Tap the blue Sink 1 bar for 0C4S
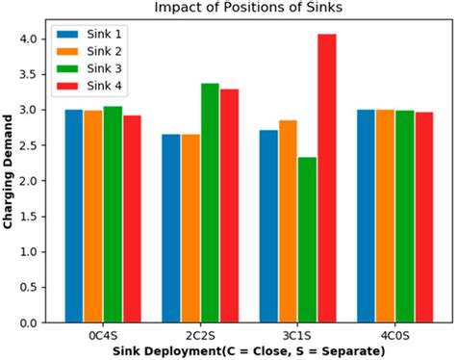(x=74, y=217)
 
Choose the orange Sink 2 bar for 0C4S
(x=93, y=217)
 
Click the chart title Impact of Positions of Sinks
(x=249, y=8)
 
